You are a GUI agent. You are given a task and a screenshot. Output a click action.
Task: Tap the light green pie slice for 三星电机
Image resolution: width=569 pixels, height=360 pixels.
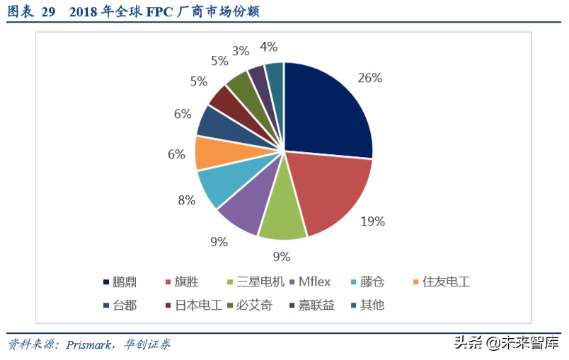click(x=282, y=216)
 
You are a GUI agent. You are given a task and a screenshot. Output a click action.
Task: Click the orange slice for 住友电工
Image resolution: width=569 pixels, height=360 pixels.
click(x=212, y=152)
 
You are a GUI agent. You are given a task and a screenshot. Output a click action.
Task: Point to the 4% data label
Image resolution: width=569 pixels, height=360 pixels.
click(x=268, y=47)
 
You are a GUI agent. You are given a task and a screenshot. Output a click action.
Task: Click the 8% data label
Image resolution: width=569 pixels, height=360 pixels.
click(x=186, y=200)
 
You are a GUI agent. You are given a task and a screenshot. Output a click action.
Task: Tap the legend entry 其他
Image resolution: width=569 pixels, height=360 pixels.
click(x=372, y=306)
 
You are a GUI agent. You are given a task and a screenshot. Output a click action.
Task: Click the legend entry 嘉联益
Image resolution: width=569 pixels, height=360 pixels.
click(x=316, y=306)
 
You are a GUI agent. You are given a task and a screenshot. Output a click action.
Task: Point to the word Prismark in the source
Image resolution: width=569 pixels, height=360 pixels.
click(x=89, y=344)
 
